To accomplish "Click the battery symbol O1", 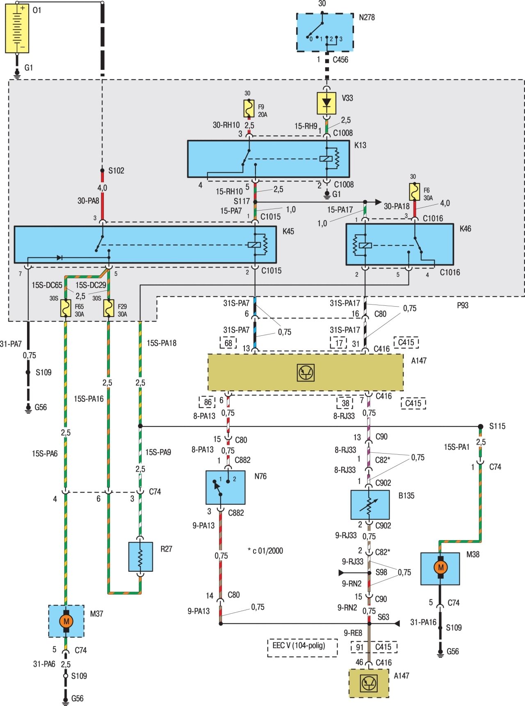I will (x=17, y=28).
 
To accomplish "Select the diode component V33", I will (x=326, y=103).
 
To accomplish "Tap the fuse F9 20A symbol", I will (x=249, y=109).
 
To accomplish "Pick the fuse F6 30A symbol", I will (x=415, y=192).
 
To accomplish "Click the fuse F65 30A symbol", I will (x=66, y=308).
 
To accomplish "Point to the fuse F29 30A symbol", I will (x=108, y=308).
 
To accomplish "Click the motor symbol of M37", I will (x=66, y=621).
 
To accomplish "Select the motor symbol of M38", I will (x=440, y=568).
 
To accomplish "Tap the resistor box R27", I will (x=140, y=557).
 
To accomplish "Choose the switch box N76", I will (x=225, y=487).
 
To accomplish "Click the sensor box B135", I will (x=370, y=504).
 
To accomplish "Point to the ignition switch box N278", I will (x=325, y=32).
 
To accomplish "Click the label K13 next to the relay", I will (x=360, y=145).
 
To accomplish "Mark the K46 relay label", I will (x=465, y=229).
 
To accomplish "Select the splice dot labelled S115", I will (x=480, y=426).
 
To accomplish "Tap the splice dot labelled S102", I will (x=102, y=170).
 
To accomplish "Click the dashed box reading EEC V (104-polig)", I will (x=302, y=647).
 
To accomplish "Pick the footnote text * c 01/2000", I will (x=265, y=551).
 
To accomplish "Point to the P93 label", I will (x=462, y=305).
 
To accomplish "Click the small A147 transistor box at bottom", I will (x=368, y=683).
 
